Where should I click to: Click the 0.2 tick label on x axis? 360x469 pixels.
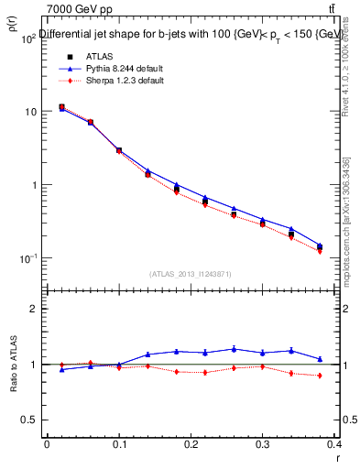[x=191, y=446]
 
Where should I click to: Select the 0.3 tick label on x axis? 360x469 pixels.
[x=262, y=446]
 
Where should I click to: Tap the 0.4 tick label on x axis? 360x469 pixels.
[x=333, y=446]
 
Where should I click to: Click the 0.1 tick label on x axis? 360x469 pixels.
[x=118, y=446]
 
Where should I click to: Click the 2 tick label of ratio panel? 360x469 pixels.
[x=32, y=310]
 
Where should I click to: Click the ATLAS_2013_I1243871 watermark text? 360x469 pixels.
[x=191, y=274]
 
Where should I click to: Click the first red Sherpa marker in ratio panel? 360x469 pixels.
[x=61, y=365]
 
